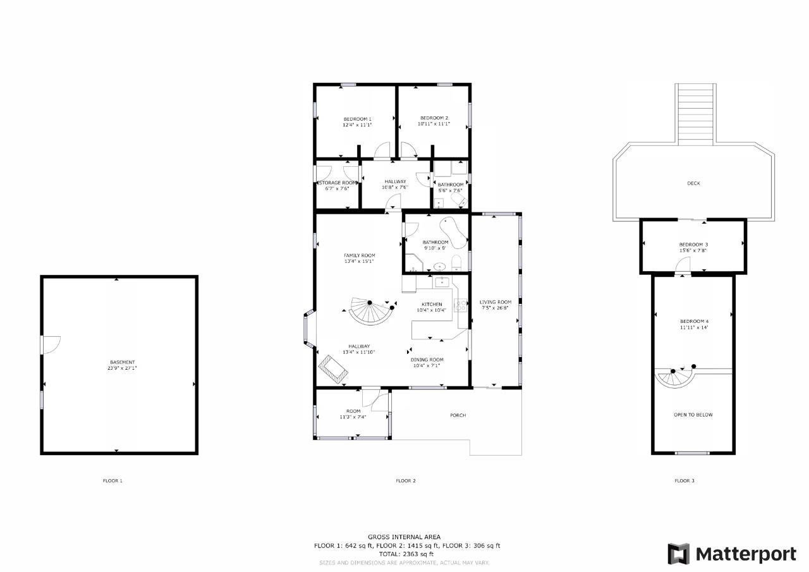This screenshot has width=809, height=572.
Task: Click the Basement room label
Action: pyautogui.click(x=123, y=362)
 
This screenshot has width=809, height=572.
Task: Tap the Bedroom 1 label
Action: pyautogui.click(x=357, y=119)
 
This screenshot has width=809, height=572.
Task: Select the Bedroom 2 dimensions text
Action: pyautogui.click(x=434, y=124)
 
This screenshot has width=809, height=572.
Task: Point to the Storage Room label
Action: pyautogui.click(x=338, y=183)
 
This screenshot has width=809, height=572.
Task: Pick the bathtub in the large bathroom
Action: pyautogui.click(x=453, y=233)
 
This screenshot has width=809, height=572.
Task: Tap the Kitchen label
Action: pyautogui.click(x=432, y=305)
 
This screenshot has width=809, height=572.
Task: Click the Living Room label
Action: pyautogui.click(x=495, y=302)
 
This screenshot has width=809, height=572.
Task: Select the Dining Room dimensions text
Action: pyautogui.click(x=427, y=366)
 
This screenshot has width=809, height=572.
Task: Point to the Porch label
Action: pyautogui.click(x=458, y=415)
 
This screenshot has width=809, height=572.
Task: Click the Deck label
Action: pyautogui.click(x=693, y=183)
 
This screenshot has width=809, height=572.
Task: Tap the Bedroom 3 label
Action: pyautogui.click(x=693, y=245)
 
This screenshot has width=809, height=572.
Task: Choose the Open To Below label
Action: pyautogui.click(x=693, y=415)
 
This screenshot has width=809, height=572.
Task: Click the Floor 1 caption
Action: pyautogui.click(x=113, y=480)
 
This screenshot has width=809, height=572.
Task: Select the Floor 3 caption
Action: pyautogui.click(x=684, y=480)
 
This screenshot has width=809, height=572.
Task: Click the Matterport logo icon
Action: pyautogui.click(x=678, y=554)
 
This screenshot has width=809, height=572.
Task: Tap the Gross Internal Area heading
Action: pyautogui.click(x=404, y=537)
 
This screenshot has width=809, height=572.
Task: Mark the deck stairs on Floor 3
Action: pyautogui.click(x=696, y=114)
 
